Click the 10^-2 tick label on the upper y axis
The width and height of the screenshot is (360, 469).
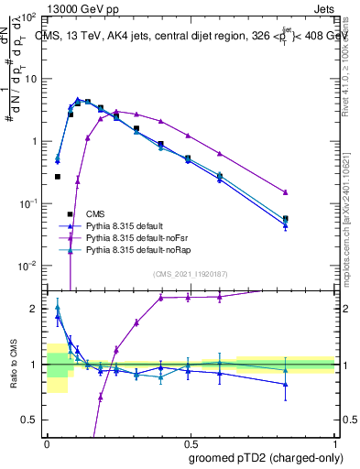[x=27, y=266]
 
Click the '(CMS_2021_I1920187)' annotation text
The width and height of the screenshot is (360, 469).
[x=191, y=274]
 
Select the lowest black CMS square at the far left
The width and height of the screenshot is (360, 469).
[x=57, y=177]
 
